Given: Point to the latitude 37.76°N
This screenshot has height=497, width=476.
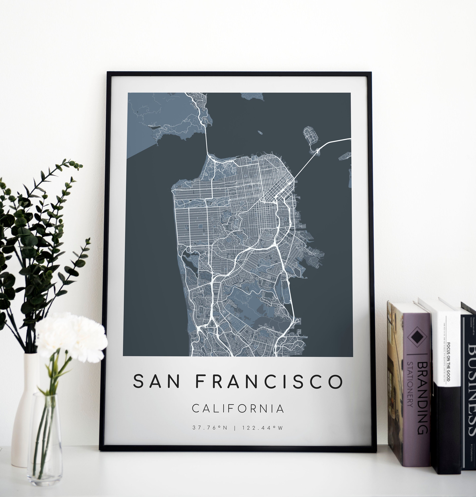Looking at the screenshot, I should pos(210,428).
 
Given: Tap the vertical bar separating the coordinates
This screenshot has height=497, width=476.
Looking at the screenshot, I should pos(236,428).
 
